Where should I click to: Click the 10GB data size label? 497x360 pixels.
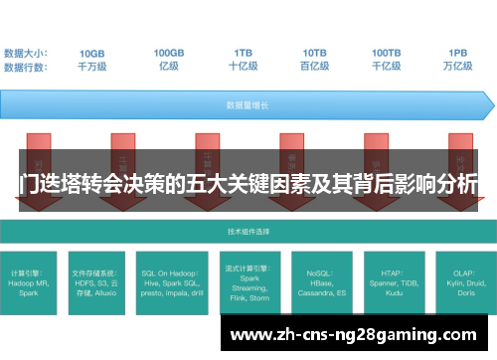(x=92, y=53)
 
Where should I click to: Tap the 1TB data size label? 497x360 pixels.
(x=243, y=53)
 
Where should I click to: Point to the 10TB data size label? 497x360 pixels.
(x=315, y=53)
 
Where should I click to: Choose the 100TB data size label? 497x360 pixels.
(x=387, y=53)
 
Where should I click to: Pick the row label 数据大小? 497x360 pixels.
(x=26, y=53)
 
